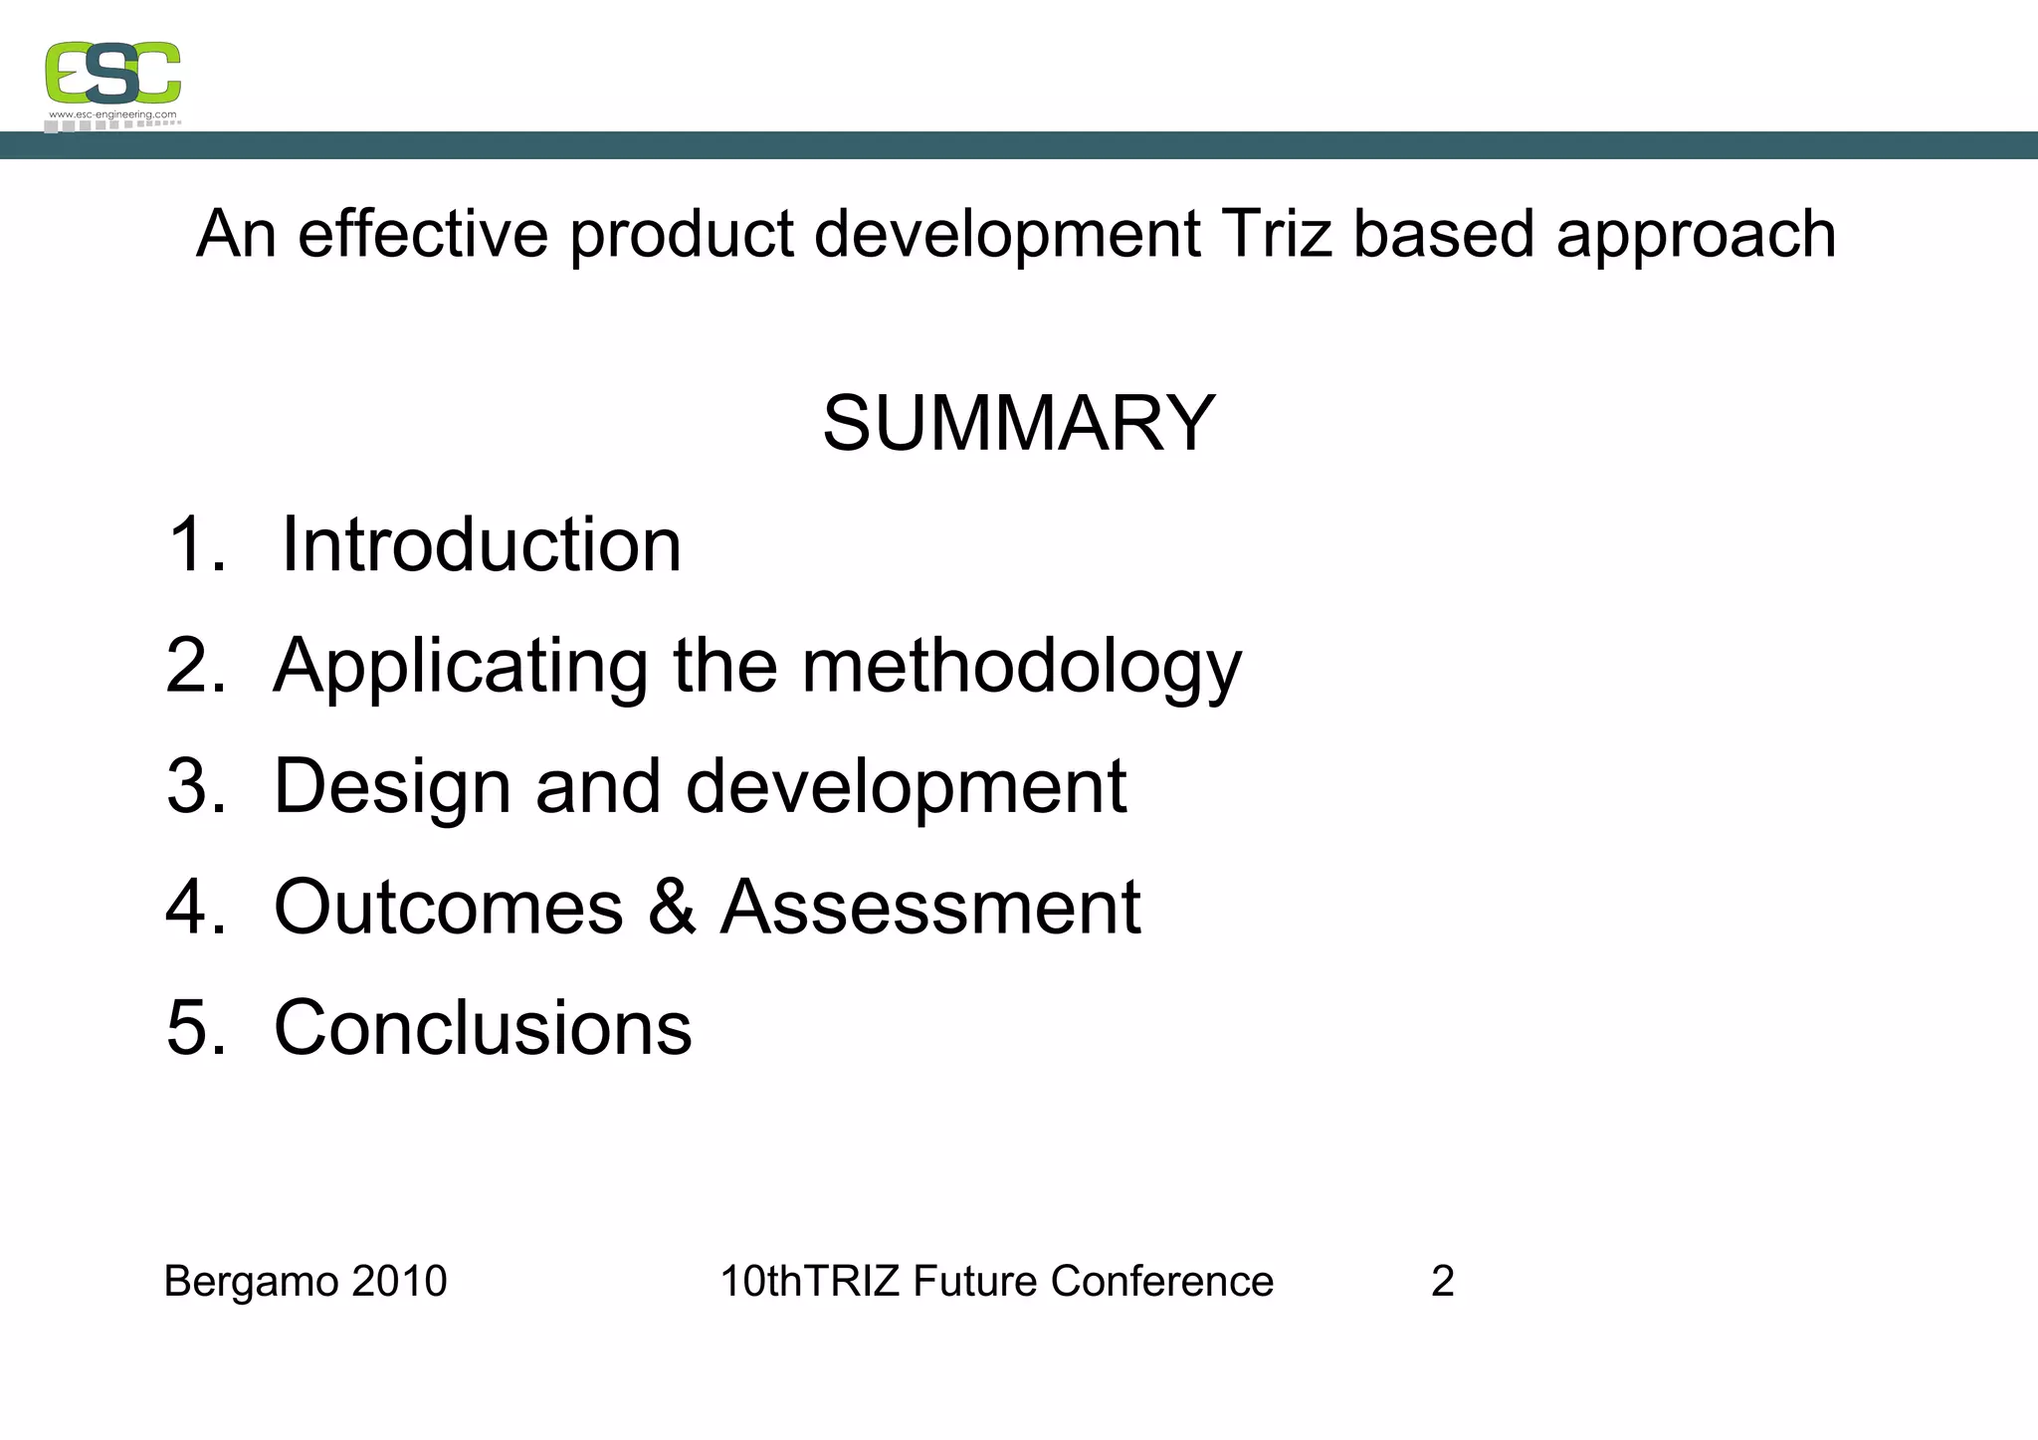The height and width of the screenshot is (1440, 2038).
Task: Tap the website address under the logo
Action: click(112, 115)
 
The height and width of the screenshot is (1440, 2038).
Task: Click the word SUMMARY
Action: click(1018, 423)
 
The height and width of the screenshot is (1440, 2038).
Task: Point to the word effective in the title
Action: click(422, 235)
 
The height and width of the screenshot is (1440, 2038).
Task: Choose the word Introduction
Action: click(482, 545)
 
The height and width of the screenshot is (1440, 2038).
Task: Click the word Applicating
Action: click(461, 668)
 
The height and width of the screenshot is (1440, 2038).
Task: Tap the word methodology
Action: click(1022, 668)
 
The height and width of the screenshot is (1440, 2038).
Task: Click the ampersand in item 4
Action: click(672, 908)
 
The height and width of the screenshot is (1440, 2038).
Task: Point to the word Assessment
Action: click(929, 908)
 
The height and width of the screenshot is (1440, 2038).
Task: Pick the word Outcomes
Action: click(449, 908)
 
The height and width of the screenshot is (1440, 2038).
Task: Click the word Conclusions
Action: click(483, 1028)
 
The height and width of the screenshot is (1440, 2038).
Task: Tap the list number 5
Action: click(191, 1028)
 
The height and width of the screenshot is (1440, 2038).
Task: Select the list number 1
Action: click(191, 545)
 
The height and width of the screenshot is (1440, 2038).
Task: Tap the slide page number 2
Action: click(1442, 1282)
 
